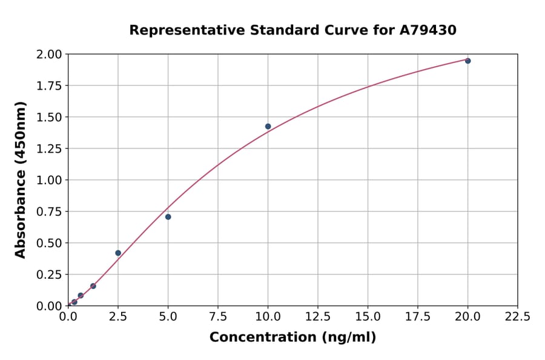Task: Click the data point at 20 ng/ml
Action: click(467, 61)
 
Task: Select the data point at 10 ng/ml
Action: click(268, 127)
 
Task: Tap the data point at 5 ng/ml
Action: click(168, 217)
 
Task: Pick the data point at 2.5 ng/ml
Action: click(118, 253)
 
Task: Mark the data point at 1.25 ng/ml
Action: click(93, 286)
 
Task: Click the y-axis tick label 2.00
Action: click(49, 55)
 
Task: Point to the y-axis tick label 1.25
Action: click(49, 148)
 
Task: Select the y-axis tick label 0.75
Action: click(49, 212)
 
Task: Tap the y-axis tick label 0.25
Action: click(49, 275)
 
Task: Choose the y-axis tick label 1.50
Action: click(49, 117)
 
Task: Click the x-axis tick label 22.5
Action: click(517, 317)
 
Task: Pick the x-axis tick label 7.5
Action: click(218, 317)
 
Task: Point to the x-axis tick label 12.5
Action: click(317, 317)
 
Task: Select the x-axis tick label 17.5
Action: click(417, 317)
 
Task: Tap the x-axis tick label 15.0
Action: click(368, 317)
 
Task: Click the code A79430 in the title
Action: click(428, 30)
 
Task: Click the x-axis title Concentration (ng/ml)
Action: click(292, 338)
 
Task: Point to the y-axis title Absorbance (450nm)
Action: click(21, 180)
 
